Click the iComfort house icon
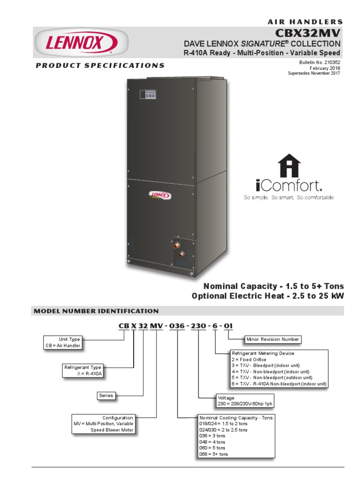click(289, 166)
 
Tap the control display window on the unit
click(150, 95)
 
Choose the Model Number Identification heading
click(96, 311)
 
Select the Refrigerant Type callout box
click(83, 370)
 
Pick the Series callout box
click(106, 396)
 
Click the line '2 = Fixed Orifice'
click(249, 360)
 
